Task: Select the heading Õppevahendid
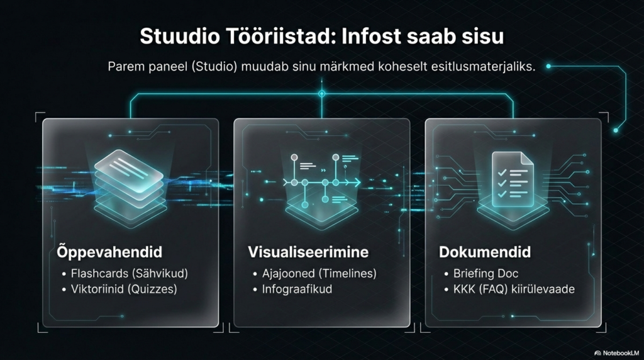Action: click(106, 252)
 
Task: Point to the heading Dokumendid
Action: click(484, 252)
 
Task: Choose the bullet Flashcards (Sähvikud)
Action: click(129, 274)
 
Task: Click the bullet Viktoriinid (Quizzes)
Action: click(124, 290)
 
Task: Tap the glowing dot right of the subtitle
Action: click(548, 65)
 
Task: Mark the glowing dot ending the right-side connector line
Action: click(616, 130)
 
